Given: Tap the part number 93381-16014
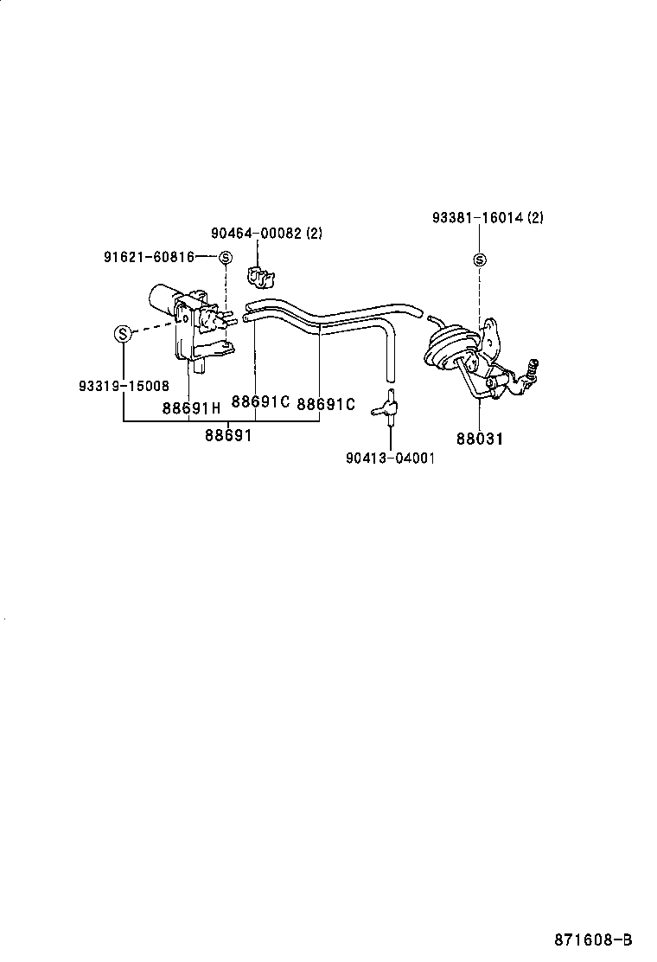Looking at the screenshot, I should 478,219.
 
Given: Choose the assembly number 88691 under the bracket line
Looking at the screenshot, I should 228,436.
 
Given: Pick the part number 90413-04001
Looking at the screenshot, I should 390,459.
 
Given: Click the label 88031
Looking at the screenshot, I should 480,439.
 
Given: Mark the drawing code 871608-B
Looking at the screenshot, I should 593,940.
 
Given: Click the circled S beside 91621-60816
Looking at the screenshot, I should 225,257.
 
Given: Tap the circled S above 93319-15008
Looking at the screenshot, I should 123,333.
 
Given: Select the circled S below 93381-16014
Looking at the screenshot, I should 480,260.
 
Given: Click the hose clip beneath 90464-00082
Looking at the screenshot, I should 259,277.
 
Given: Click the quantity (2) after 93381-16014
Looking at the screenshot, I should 535,219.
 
